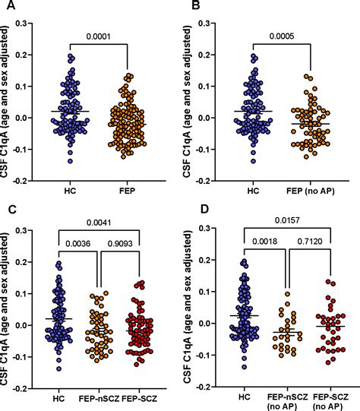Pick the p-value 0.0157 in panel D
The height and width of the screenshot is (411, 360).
click(287, 218)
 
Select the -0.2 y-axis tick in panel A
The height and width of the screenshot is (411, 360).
click(31, 182)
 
